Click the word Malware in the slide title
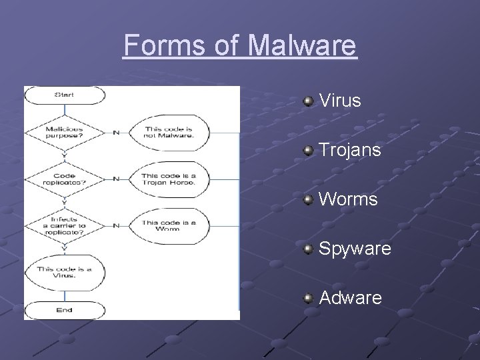(303, 46)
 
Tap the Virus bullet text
(340, 101)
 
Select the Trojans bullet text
(350, 150)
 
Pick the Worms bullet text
(348, 199)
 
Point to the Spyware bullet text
(355, 249)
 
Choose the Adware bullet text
(351, 298)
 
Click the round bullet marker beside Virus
(308, 101)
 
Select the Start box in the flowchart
(65, 95)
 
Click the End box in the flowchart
(65, 310)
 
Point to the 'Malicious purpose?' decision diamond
(65, 132)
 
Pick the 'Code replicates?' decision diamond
(65, 179)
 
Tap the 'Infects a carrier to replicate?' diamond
(65, 225)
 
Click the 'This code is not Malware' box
(168, 132)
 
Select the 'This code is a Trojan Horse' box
(168, 179)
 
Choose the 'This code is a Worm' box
(168, 225)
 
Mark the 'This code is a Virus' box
(65, 272)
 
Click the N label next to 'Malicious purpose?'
(116, 132)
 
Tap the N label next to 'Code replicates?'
(116, 179)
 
